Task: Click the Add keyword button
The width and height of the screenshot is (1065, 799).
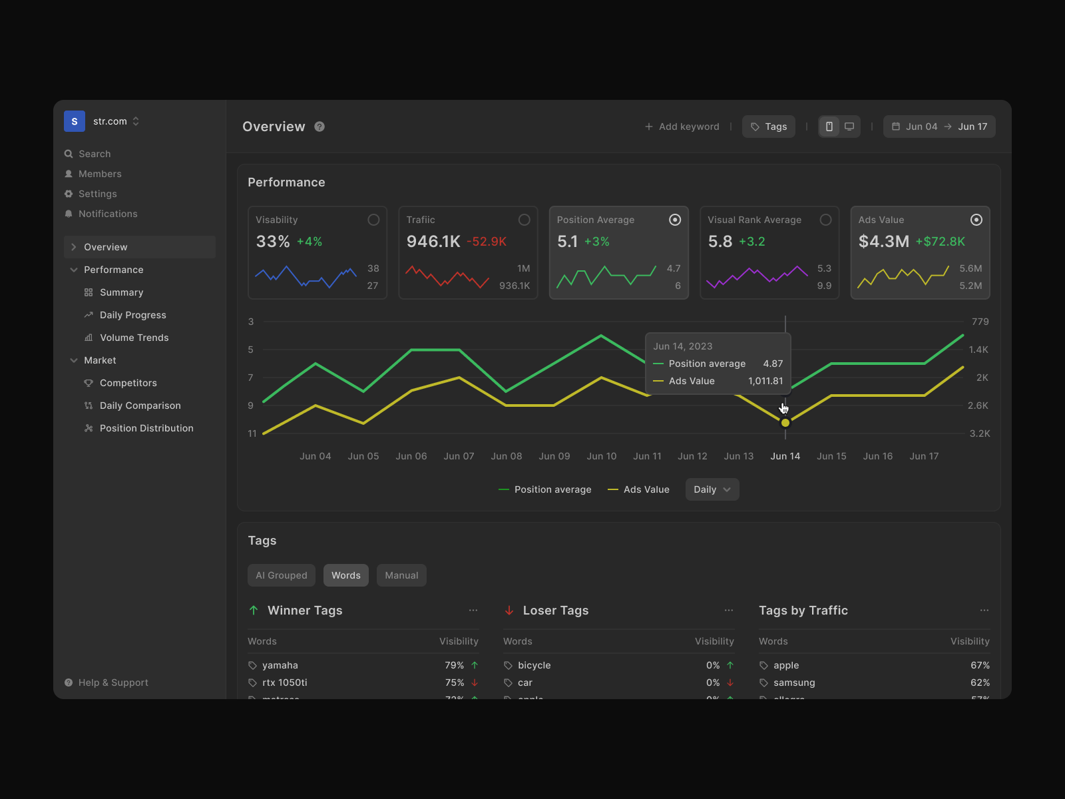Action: pos(682,127)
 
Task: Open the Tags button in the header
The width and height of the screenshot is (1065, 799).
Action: pos(769,127)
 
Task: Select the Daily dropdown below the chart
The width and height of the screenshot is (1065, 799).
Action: pos(712,489)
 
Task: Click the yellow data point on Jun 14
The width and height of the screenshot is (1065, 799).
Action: pos(785,423)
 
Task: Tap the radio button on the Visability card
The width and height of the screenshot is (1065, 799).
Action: pos(373,220)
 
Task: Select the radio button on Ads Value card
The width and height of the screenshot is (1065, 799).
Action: pos(976,220)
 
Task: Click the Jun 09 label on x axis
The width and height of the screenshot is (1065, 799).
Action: pos(554,456)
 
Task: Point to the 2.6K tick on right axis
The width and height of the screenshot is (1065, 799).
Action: pos(978,405)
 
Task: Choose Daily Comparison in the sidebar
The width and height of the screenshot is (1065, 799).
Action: pos(140,405)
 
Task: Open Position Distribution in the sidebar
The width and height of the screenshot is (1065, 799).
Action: pos(146,428)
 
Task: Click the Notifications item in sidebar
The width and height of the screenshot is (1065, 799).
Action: pos(108,214)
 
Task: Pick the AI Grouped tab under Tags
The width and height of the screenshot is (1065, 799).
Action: pos(282,575)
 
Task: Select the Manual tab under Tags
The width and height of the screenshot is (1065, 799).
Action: pos(401,575)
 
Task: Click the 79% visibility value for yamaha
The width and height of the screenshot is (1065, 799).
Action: pos(454,665)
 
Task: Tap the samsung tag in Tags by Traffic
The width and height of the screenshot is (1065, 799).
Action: pos(794,682)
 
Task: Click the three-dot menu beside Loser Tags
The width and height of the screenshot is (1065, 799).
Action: pos(729,611)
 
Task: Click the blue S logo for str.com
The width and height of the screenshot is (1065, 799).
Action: pos(75,121)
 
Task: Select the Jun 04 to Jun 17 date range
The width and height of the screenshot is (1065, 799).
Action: pos(939,127)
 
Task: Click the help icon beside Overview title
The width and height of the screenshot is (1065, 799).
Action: pos(319,127)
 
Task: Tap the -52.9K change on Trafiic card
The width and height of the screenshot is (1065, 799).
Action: pos(487,242)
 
